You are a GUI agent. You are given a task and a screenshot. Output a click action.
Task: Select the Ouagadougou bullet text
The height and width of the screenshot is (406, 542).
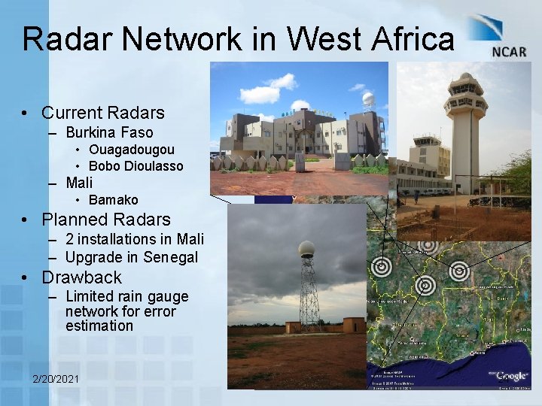(131, 150)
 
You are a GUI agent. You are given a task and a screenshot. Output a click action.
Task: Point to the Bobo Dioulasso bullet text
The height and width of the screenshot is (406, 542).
(135, 165)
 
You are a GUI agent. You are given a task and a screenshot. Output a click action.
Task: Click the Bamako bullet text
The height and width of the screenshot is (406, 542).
(113, 200)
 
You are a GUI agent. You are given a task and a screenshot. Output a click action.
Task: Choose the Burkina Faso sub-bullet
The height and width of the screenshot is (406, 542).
(109, 133)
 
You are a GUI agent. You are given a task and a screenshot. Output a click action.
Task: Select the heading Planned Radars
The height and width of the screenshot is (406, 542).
(106, 220)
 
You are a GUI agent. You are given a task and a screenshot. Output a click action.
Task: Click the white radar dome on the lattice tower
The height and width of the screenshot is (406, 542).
(306, 250)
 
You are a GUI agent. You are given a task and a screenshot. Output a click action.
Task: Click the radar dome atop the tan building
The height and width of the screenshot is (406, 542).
(368, 99)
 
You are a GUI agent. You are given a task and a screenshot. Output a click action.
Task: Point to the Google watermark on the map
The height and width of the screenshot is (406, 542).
(511, 375)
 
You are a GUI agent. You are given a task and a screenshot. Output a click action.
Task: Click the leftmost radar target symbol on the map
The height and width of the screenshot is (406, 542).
(382, 265)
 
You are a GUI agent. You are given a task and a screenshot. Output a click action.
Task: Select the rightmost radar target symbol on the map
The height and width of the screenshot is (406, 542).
(459, 270)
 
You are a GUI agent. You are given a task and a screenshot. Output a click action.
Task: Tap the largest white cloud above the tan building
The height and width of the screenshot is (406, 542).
(261, 94)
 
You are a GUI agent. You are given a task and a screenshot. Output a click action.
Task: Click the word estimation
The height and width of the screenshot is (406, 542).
(99, 326)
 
